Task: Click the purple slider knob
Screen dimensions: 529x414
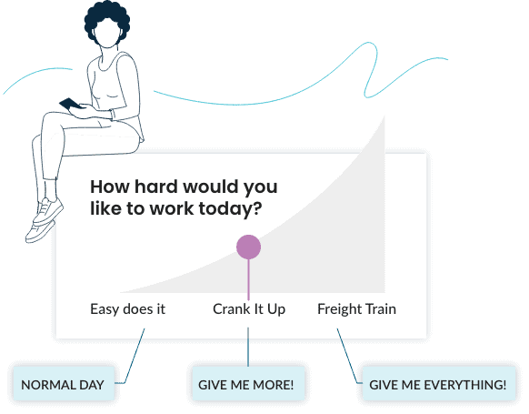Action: pos(248,247)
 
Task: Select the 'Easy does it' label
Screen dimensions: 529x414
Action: pos(127,309)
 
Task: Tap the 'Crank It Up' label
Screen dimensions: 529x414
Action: pos(249,309)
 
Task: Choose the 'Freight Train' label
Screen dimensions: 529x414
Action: pos(356,309)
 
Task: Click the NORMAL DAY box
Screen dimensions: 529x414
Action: pos(64,384)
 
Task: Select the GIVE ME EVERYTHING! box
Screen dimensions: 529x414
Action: pos(439,384)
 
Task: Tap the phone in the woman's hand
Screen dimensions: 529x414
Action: pos(70,104)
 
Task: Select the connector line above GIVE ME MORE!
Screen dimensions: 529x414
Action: pos(248,347)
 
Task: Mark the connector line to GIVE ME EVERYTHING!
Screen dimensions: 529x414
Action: pos(348,358)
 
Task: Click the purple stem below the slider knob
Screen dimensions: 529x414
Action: pos(249,279)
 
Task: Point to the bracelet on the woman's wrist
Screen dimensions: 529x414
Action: pos(113,114)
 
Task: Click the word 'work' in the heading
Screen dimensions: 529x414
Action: pos(172,208)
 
